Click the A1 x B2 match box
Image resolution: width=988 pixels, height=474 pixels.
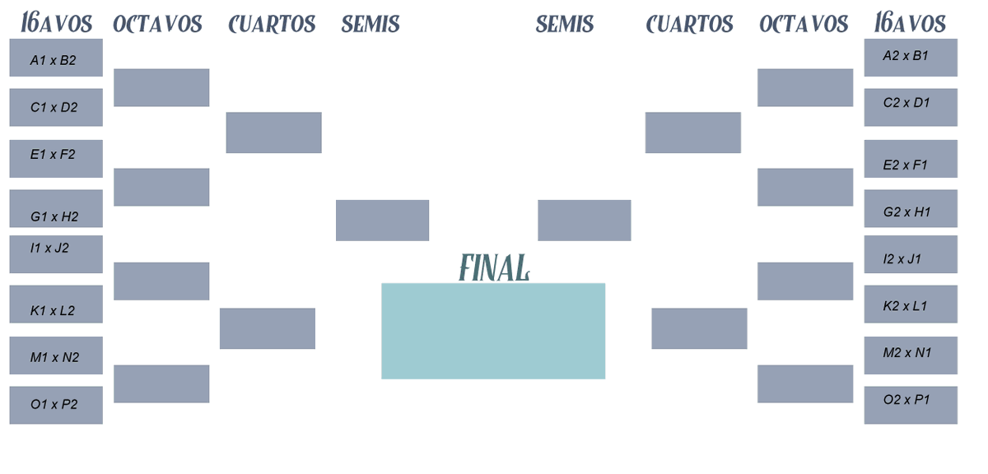pos(56,58)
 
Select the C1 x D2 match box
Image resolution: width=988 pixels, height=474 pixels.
pos(56,108)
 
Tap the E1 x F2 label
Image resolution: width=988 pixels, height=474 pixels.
pos(53,155)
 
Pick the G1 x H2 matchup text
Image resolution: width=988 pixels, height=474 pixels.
pos(54,217)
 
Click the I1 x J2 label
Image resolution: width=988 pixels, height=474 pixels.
pos(49,249)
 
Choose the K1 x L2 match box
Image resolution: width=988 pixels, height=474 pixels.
pos(56,304)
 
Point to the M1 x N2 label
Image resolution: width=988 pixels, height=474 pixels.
pos(54,357)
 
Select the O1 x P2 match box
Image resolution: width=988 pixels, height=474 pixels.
pos(56,406)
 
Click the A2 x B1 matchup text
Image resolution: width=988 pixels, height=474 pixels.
pos(906,56)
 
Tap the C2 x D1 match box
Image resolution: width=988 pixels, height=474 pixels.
pos(911,108)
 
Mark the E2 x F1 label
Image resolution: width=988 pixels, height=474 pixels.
pos(905,165)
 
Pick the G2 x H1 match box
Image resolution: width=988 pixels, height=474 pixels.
pos(911,208)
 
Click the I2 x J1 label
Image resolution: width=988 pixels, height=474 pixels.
pos(902,259)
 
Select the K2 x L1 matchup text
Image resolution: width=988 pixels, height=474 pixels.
pos(905,306)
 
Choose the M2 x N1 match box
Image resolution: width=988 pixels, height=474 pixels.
pos(911,355)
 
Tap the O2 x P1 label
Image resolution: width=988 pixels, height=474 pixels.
pos(906,400)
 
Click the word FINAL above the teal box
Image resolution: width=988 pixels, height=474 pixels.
pos(494,267)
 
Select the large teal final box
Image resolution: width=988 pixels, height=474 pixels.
pos(493,331)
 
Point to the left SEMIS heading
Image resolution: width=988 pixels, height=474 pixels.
pos(370,24)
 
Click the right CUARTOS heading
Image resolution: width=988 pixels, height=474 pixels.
pos(689,24)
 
